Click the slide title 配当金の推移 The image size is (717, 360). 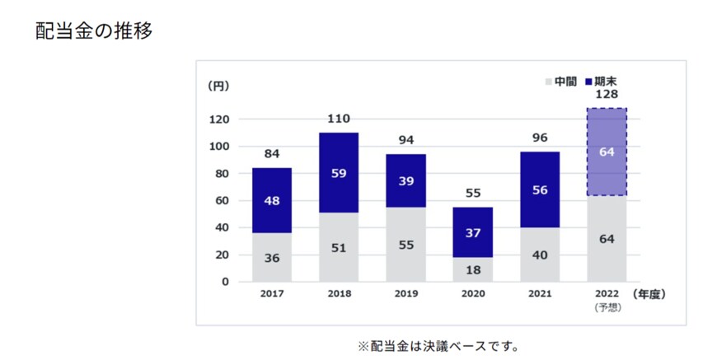pos(93,31)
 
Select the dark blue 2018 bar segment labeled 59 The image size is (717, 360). pos(339,173)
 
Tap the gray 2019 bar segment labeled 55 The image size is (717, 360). pos(405,245)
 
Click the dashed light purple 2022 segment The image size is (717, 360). pos(607,152)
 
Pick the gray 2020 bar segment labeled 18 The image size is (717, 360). pos(473,269)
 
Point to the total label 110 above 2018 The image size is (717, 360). pos(339,119)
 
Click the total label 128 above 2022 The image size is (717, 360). pos(607,95)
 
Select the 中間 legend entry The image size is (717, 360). pos(560,82)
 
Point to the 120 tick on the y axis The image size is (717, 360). pos(218,119)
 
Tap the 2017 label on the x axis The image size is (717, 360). pos(272,293)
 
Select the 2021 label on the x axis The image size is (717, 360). pos(540,293)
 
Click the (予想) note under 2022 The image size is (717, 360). pos(607,306)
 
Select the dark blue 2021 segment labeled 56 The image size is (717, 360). pos(540,190)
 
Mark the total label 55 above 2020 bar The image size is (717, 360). pos(473,194)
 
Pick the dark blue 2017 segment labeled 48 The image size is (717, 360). pos(272,200)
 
